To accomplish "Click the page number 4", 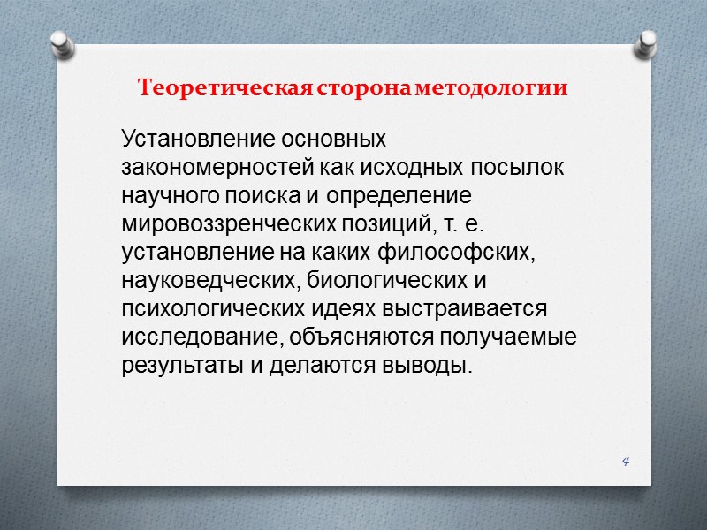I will point(626,461).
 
